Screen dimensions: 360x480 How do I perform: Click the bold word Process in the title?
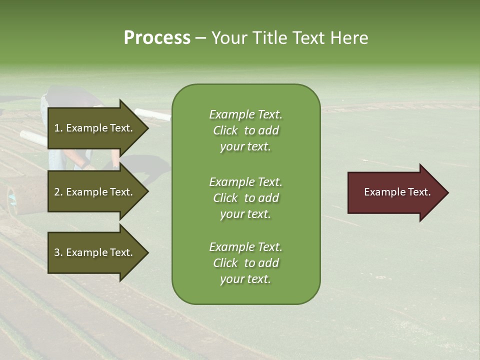[x=157, y=38]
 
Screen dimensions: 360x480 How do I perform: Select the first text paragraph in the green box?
[x=245, y=130]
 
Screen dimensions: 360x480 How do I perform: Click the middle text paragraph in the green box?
[x=245, y=198]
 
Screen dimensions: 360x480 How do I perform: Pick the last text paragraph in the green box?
[x=245, y=263]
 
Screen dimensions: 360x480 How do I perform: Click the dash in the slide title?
[x=200, y=38]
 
